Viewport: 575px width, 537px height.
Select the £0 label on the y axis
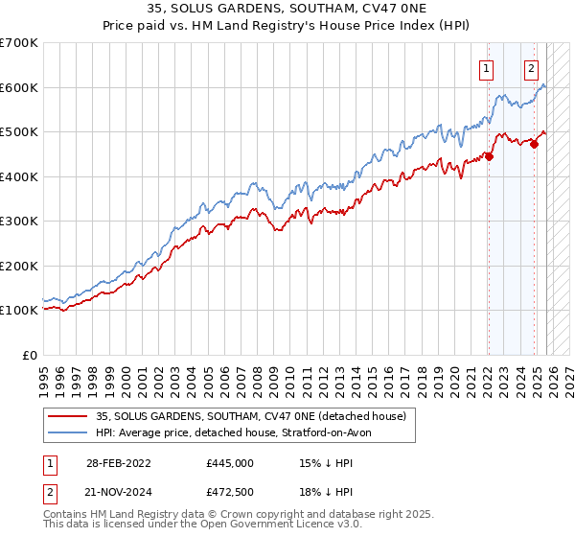pos(32,355)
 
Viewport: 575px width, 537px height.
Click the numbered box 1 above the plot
pos(488,68)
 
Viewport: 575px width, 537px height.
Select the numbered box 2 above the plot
pos(532,68)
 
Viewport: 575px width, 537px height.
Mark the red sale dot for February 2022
pos(489,157)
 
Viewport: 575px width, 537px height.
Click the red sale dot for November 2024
pos(534,145)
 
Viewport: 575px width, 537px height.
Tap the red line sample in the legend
pos(69,416)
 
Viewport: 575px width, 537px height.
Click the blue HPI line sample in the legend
pos(69,432)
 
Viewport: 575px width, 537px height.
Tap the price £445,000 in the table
pos(230,463)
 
